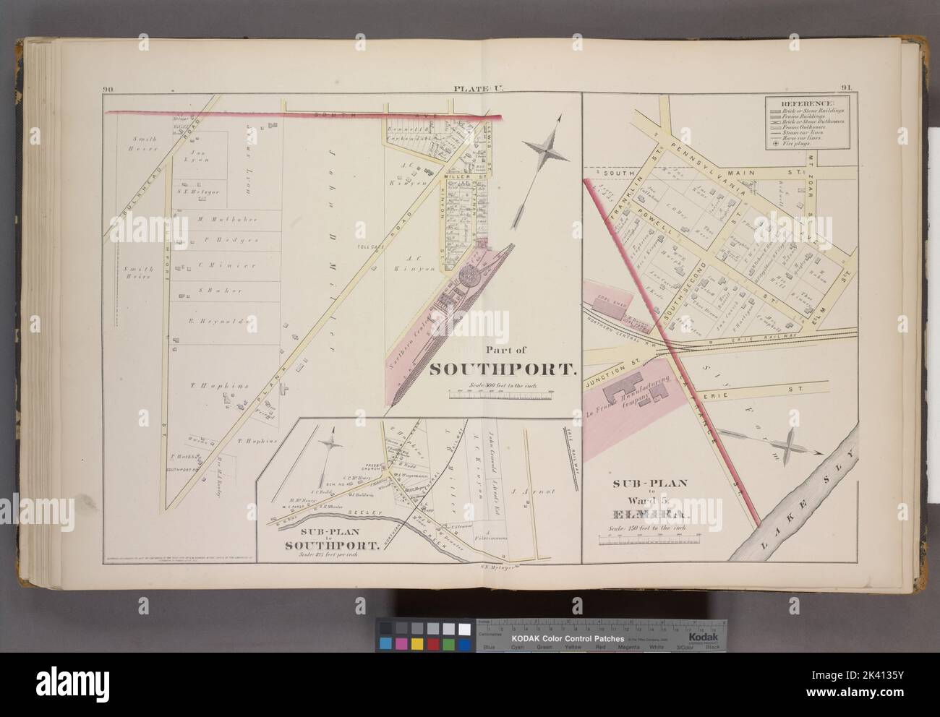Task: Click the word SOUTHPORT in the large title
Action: pos(503,370)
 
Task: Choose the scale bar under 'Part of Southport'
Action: pos(502,395)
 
